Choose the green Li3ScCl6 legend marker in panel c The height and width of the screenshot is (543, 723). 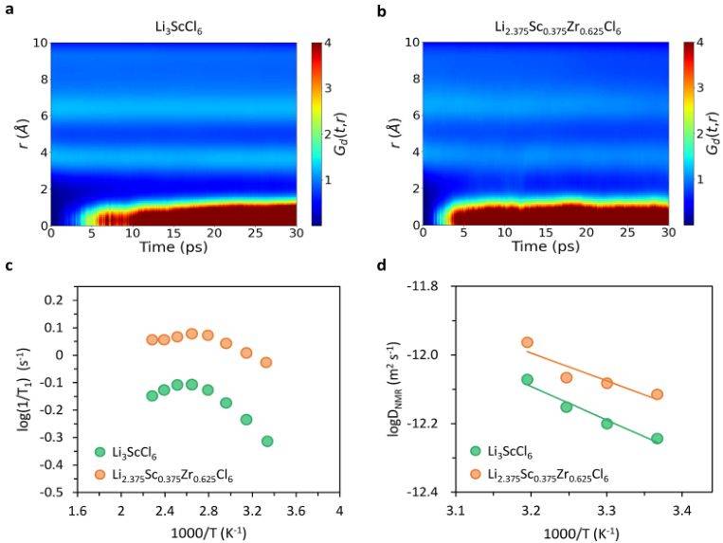coord(100,451)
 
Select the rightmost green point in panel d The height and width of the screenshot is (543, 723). coord(657,438)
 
